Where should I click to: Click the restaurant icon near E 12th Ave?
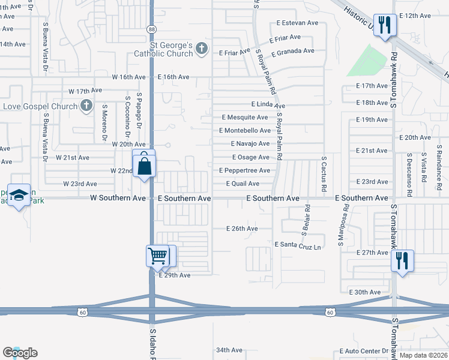tap(385, 25)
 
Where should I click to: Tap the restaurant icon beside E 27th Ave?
tap(402, 261)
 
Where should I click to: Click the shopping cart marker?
tap(158, 256)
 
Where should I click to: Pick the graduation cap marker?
tap(20, 196)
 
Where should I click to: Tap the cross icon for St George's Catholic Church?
tap(202, 49)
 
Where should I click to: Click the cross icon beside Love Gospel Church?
tap(86, 106)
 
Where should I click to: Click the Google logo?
tap(20, 353)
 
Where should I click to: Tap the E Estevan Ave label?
tap(297, 23)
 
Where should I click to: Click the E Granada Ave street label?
tap(293, 51)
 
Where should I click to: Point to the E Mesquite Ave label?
tap(244, 118)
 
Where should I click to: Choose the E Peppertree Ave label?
tap(244, 170)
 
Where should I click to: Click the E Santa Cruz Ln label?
tap(298, 245)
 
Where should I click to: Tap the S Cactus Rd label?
tap(324, 175)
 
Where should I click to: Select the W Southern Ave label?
tap(118, 198)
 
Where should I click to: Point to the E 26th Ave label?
tap(242, 229)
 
